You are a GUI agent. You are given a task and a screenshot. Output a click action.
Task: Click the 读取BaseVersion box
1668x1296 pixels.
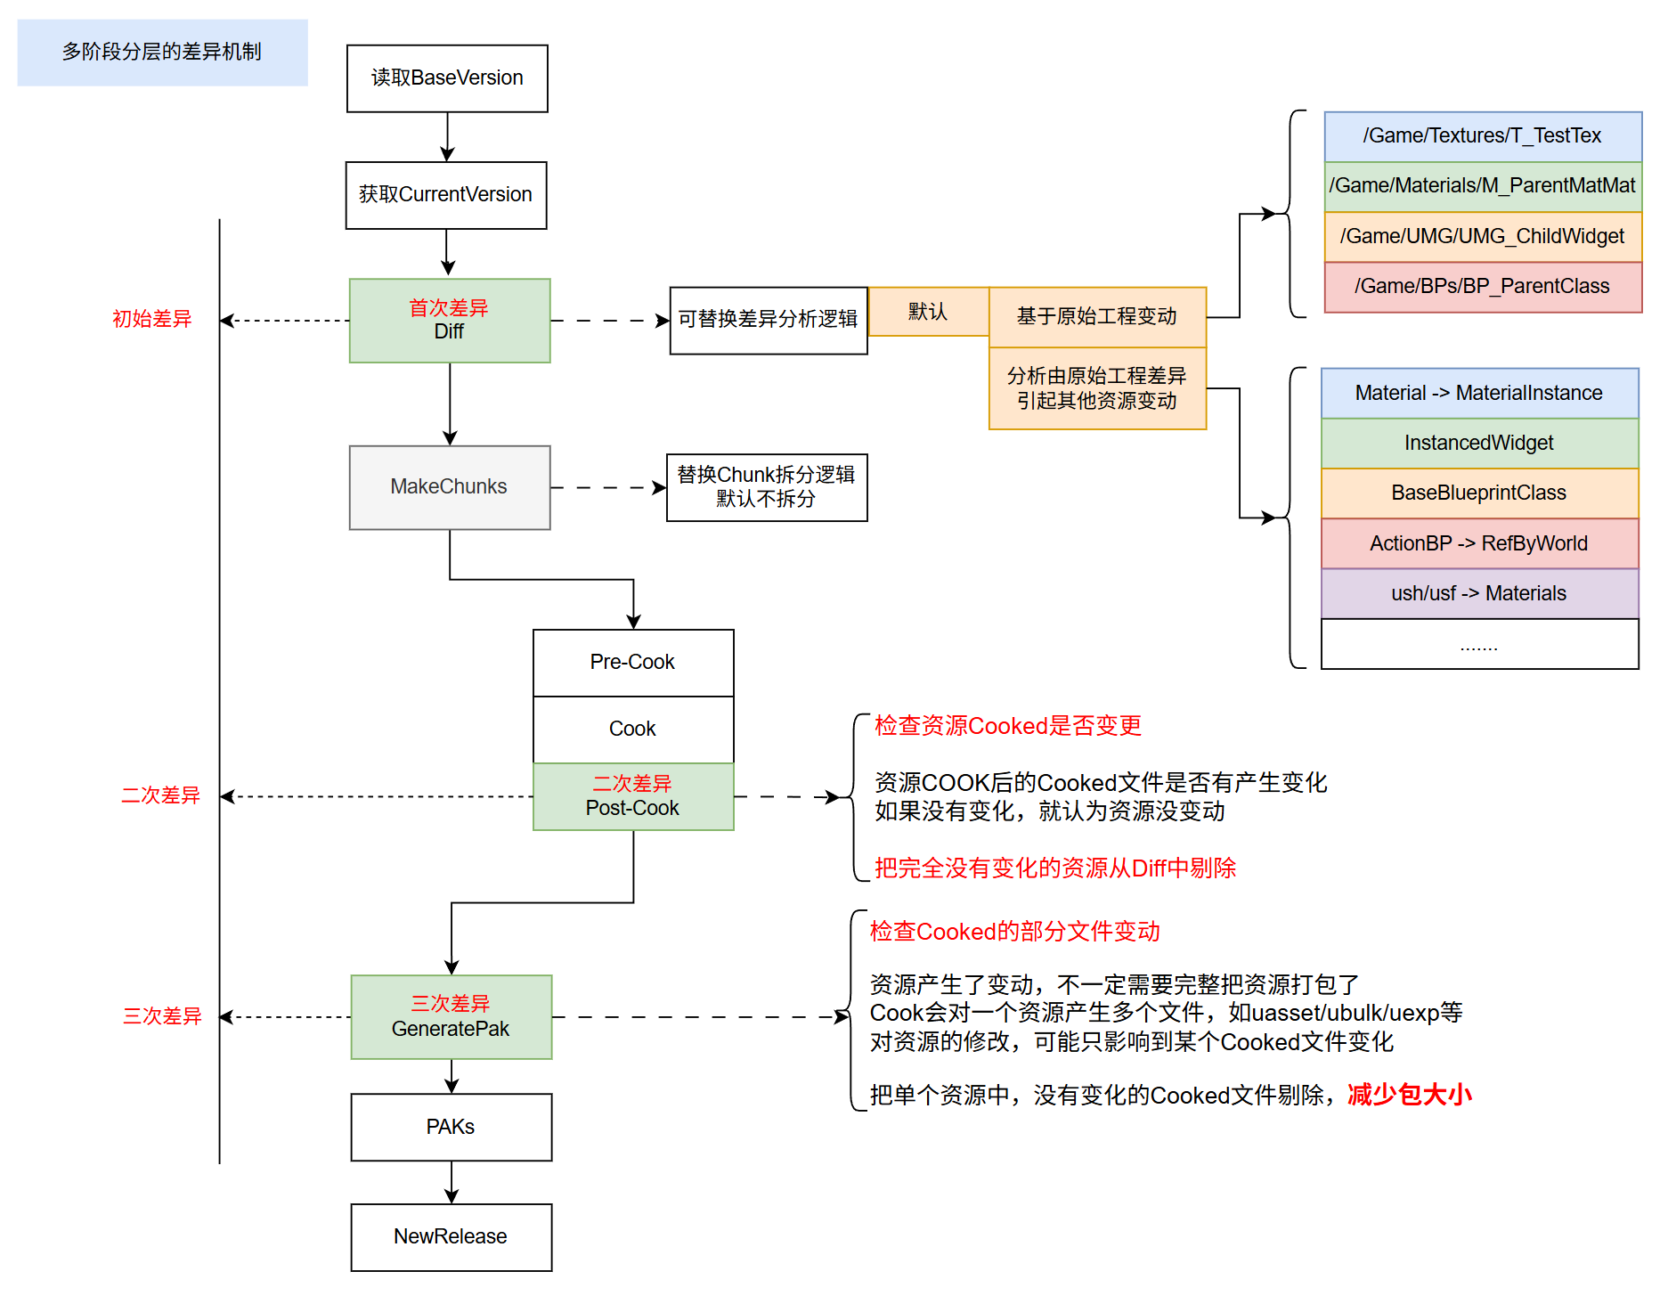pos(447,78)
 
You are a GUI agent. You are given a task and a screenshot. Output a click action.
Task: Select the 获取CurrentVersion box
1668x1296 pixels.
pos(446,195)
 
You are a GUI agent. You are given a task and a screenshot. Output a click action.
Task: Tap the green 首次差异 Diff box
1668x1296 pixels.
pos(450,321)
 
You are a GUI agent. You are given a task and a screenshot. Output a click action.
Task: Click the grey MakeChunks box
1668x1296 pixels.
pos(450,487)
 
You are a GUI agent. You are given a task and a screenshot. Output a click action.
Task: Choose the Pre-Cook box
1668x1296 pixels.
pos(633,663)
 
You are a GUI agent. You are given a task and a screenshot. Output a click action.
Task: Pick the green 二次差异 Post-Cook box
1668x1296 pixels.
pos(633,796)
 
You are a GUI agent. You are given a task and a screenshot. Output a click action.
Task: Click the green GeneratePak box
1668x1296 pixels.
pos(452,1017)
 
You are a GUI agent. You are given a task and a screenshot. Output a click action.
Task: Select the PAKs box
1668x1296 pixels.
pos(452,1128)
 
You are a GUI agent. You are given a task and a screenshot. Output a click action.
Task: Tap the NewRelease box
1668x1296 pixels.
pos(452,1237)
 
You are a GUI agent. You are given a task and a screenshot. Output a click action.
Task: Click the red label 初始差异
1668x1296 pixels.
pos(152,319)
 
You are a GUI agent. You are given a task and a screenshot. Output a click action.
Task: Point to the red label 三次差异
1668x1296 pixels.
pos(162,1016)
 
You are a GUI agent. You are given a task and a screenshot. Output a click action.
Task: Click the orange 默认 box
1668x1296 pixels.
pos(928,312)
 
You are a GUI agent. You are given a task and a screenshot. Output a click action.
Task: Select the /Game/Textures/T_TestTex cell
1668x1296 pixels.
pos(1483,136)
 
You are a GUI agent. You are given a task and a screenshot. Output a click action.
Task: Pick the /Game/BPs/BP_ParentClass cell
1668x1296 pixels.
pos(1483,287)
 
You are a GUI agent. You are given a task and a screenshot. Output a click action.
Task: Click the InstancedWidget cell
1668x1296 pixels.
pos(1479,443)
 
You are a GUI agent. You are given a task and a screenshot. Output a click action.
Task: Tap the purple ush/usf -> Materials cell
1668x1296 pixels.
pos(1479,593)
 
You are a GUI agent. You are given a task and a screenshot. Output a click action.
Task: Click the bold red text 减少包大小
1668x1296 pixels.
pos(1409,1095)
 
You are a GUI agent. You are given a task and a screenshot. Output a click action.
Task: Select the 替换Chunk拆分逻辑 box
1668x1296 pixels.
pos(767,487)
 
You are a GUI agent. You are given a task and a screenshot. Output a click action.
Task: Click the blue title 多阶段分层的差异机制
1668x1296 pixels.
pos(162,53)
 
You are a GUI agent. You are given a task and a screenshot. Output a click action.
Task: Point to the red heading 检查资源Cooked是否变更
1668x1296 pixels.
pos(1008,726)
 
